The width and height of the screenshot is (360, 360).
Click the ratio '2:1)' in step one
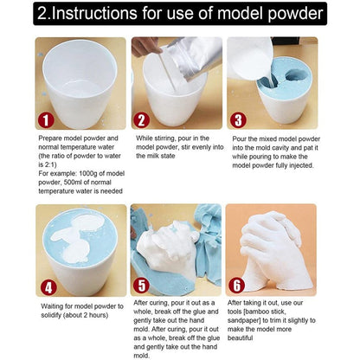(x=45, y=162)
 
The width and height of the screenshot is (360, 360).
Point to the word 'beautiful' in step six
(x=247, y=330)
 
